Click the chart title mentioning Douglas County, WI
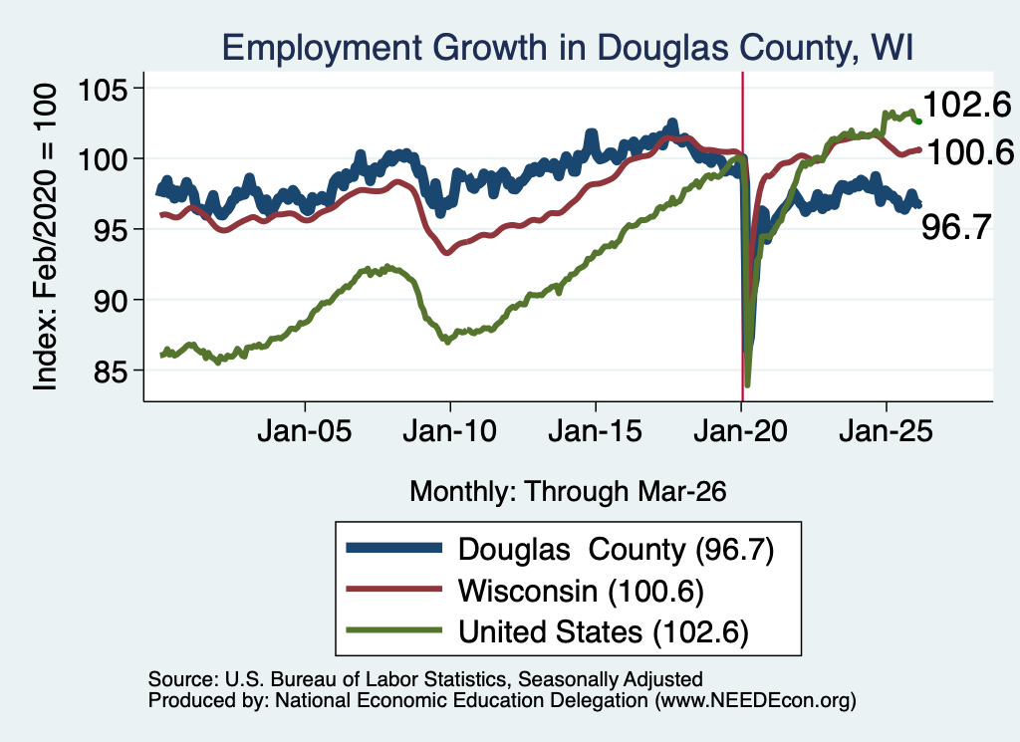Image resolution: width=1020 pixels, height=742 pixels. click(x=567, y=48)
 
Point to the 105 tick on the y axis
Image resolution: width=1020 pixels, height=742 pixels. click(x=103, y=89)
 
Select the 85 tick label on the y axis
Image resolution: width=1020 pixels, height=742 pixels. click(x=110, y=371)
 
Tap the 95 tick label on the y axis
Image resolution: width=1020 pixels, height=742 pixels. click(x=110, y=229)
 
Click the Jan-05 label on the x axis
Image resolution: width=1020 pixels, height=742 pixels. click(x=305, y=431)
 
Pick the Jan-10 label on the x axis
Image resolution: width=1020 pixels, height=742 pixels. click(x=449, y=431)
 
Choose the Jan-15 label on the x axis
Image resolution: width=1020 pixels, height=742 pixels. click(x=596, y=431)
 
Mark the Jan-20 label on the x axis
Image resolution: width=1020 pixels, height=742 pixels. click(x=741, y=431)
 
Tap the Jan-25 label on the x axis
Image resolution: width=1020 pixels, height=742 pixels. click(x=886, y=431)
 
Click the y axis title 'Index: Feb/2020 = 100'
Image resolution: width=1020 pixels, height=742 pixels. click(x=45, y=237)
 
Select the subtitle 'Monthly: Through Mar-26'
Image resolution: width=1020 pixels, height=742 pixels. click(x=568, y=492)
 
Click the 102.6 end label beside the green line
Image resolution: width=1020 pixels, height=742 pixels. click(x=967, y=105)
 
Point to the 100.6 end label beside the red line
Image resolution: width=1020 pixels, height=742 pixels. click(x=970, y=152)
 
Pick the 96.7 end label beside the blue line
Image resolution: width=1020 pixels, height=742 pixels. click(x=956, y=228)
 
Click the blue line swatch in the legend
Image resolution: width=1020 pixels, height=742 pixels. click(x=394, y=548)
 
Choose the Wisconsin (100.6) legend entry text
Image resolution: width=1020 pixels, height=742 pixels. click(x=581, y=591)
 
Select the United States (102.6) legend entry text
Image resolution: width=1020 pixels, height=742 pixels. click(x=604, y=632)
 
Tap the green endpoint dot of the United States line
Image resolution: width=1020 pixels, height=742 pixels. click(x=918, y=122)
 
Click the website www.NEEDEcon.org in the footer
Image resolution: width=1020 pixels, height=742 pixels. click(x=755, y=700)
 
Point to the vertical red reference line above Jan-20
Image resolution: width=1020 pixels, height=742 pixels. click(x=743, y=236)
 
